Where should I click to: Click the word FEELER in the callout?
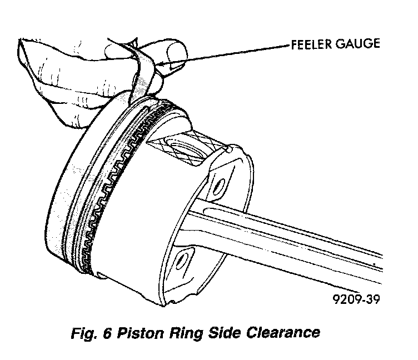pyautogui.click(x=308, y=44)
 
